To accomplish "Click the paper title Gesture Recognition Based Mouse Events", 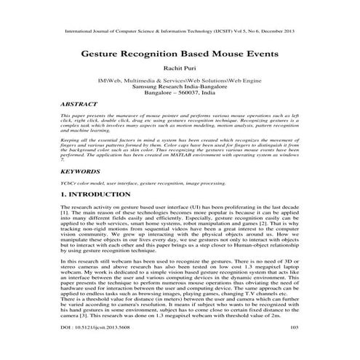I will click(x=180, y=55).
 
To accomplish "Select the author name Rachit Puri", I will click(x=180, y=70).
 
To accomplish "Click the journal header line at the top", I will click(x=180, y=33).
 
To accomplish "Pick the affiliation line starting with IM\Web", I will click(x=180, y=80).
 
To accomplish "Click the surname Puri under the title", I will click(x=192, y=70).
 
